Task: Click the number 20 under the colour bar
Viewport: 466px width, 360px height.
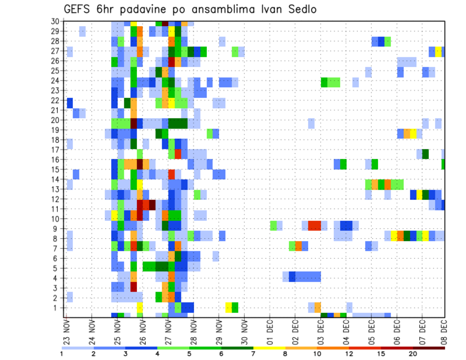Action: [x=413, y=354]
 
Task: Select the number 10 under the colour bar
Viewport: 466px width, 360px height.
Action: [x=317, y=354]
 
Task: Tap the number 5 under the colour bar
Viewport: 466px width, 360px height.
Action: [x=190, y=354]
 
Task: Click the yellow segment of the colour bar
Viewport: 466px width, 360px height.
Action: [x=269, y=348]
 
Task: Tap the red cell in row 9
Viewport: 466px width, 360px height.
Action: [x=314, y=226]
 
